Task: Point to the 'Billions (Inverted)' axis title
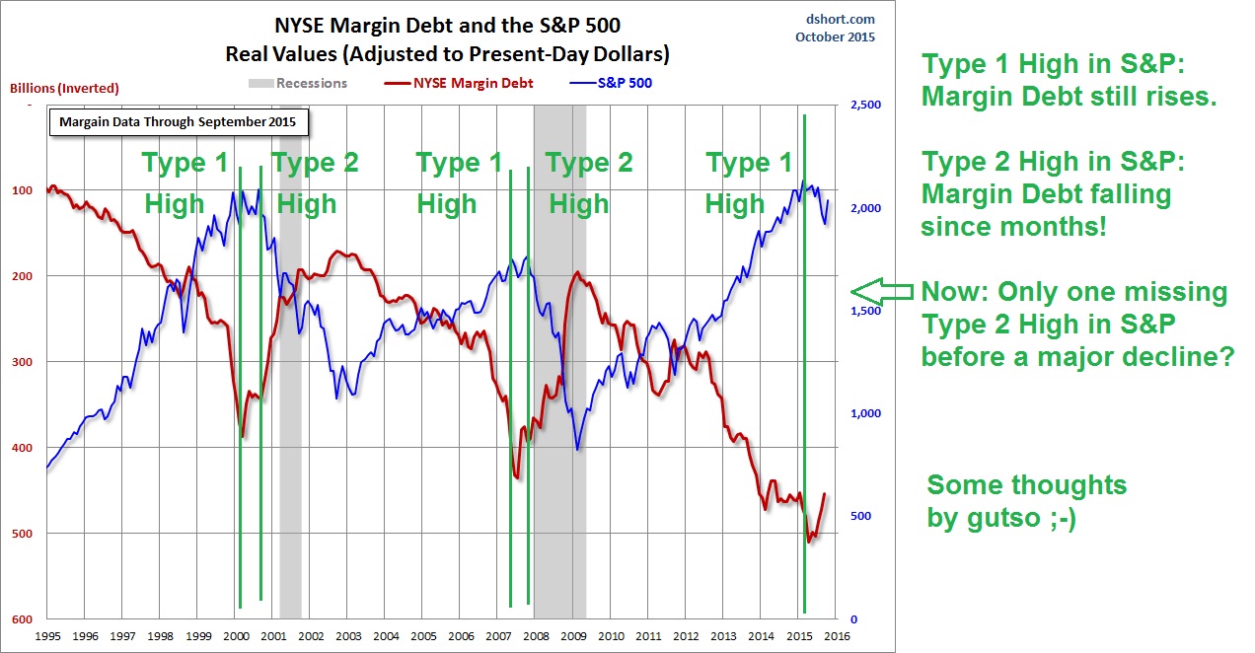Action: click(x=64, y=88)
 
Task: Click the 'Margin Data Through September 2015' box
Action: click(x=179, y=122)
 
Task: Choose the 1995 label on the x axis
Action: click(x=47, y=637)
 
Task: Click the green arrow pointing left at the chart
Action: click(x=881, y=291)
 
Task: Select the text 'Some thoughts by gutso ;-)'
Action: click(x=1026, y=501)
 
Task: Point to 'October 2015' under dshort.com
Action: click(x=835, y=37)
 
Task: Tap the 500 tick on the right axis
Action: click(x=851, y=517)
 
